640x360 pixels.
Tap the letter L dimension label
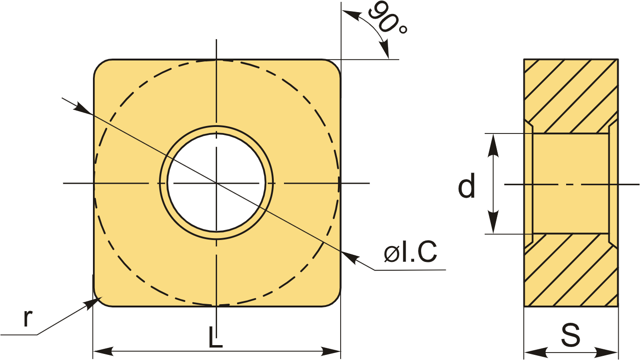(x=215, y=337)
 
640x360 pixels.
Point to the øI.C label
(x=410, y=251)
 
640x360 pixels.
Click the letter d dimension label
(x=466, y=185)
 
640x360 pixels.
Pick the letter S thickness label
(x=571, y=334)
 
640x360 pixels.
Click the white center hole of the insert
(x=216, y=183)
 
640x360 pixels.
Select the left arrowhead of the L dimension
(x=102, y=351)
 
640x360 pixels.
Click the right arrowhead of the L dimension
(x=331, y=351)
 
